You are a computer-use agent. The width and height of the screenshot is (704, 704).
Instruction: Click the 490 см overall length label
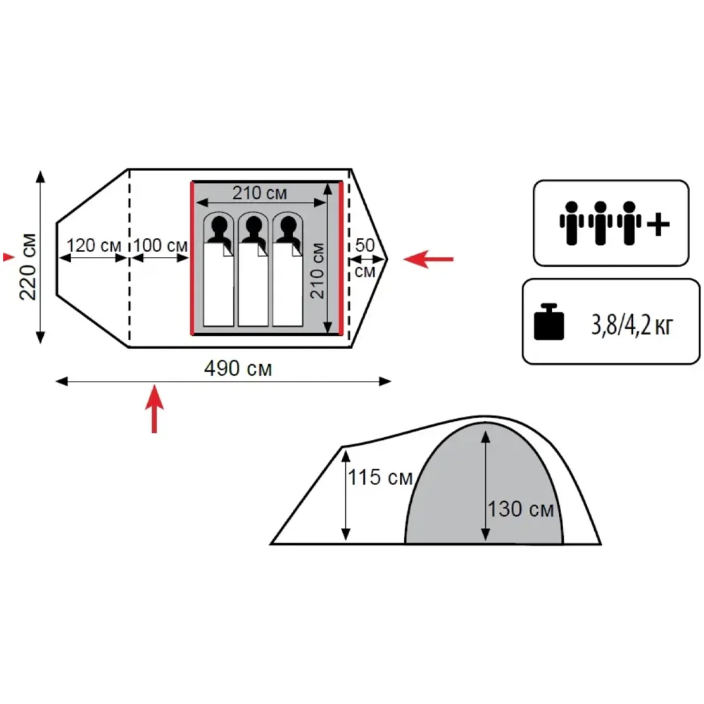pos(238,369)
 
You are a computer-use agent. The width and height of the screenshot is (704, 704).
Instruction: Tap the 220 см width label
pos(28,267)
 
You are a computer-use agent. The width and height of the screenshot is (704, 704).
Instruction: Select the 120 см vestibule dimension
pos(94,246)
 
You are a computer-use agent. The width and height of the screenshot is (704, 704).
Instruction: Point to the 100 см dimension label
pos(161,246)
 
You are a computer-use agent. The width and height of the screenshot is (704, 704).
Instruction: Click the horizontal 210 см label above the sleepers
pos(260,193)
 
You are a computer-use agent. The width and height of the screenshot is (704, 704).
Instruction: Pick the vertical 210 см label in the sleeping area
pos(317,271)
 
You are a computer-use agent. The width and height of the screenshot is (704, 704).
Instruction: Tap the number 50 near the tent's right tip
pos(365,245)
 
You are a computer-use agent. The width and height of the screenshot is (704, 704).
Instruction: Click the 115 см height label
pos(380,477)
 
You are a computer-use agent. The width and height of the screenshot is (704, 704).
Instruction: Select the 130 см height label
pos(521,509)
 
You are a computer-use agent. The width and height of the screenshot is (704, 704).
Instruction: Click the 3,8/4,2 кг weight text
pos(632,325)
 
